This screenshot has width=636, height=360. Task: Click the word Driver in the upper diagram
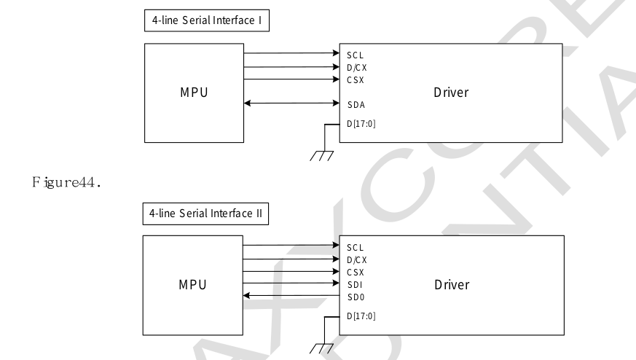coord(450,93)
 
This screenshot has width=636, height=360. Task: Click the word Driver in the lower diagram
coord(450,283)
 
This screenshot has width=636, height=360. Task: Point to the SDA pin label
coord(357,104)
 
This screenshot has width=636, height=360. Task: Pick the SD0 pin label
coord(356,295)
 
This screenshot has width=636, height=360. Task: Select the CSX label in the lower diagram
coord(356,271)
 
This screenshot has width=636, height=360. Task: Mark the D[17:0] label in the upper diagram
coord(361,123)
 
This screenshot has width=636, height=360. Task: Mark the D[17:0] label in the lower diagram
coord(361,316)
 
